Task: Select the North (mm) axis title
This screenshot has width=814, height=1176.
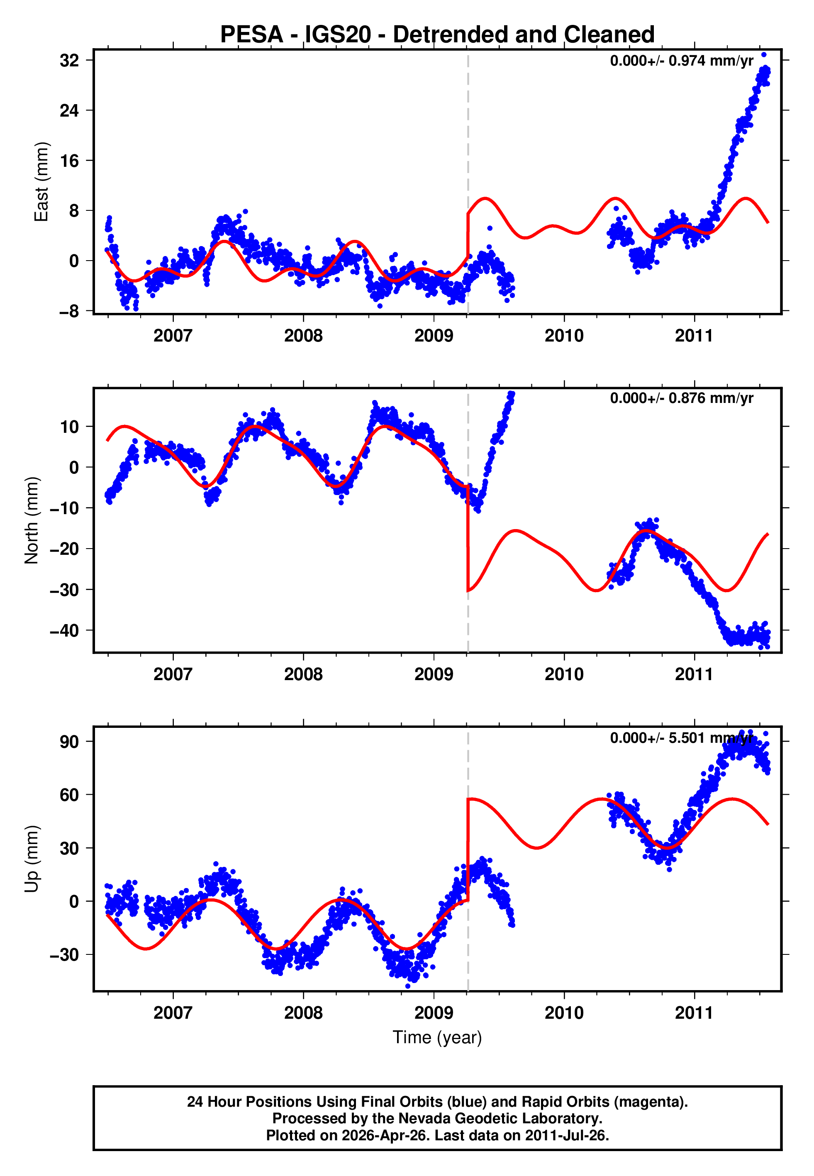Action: tap(32, 520)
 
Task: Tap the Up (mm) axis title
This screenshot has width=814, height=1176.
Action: tap(32, 859)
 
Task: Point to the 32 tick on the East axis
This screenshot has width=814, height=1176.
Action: tap(69, 61)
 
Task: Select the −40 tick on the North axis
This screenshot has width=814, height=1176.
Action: tap(65, 631)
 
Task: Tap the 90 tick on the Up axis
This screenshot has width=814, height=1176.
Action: tap(69, 742)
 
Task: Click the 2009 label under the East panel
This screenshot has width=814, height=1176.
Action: tap(434, 336)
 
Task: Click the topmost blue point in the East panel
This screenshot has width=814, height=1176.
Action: tap(763, 54)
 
